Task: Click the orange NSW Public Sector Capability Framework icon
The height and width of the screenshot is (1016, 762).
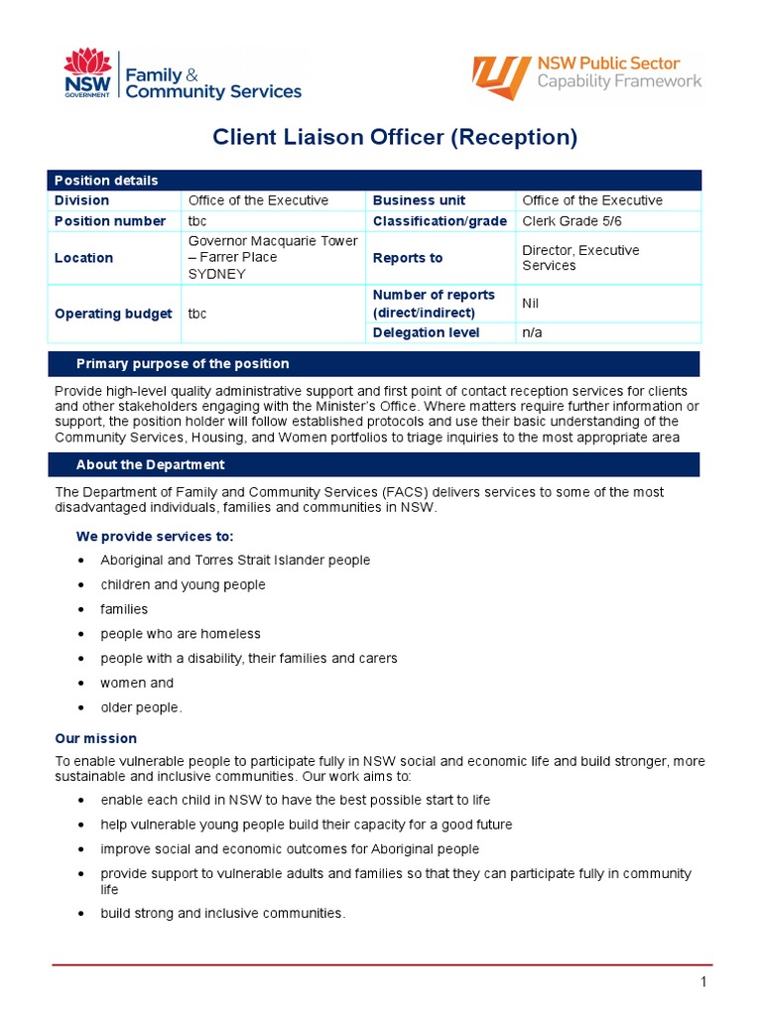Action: tap(501, 77)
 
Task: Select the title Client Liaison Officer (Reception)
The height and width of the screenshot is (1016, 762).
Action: tap(395, 137)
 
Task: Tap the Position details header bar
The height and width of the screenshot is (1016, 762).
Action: tap(374, 180)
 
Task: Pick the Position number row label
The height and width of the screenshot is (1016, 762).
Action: tap(110, 221)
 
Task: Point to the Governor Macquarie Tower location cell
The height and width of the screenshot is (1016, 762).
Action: tap(273, 258)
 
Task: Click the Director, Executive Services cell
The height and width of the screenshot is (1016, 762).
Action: tap(580, 258)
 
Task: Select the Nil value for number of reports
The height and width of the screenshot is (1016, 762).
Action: tap(531, 304)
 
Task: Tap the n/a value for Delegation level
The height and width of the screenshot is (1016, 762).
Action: tap(533, 333)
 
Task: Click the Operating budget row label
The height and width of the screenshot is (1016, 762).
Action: tap(113, 314)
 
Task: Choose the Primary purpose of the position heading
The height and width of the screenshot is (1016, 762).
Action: tap(183, 364)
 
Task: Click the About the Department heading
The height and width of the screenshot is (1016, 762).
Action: tap(150, 464)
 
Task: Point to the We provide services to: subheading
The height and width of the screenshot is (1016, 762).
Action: tap(155, 536)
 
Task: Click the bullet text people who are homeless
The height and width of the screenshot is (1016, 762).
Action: tap(180, 634)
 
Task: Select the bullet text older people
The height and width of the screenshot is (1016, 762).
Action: tap(141, 707)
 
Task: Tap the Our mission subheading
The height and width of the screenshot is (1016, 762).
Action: tap(96, 738)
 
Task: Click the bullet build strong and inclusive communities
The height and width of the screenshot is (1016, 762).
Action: tap(222, 913)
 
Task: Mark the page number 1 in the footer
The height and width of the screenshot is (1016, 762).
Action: tap(702, 982)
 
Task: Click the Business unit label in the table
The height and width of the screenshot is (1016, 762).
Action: tap(419, 200)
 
